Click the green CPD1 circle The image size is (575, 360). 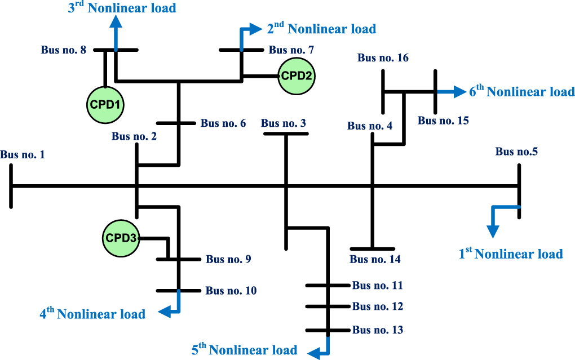(105, 104)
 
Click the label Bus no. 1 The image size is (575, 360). (23, 154)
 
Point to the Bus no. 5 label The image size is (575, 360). (516, 152)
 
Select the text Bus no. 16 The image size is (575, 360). (383, 58)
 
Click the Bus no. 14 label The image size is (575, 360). (375, 259)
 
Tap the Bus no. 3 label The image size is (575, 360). (284, 123)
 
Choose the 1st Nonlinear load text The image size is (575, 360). (511, 254)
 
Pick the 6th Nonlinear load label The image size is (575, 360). (522, 91)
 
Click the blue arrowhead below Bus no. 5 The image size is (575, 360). (493, 231)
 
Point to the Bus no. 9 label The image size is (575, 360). (228, 260)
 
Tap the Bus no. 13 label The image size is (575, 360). (378, 330)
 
